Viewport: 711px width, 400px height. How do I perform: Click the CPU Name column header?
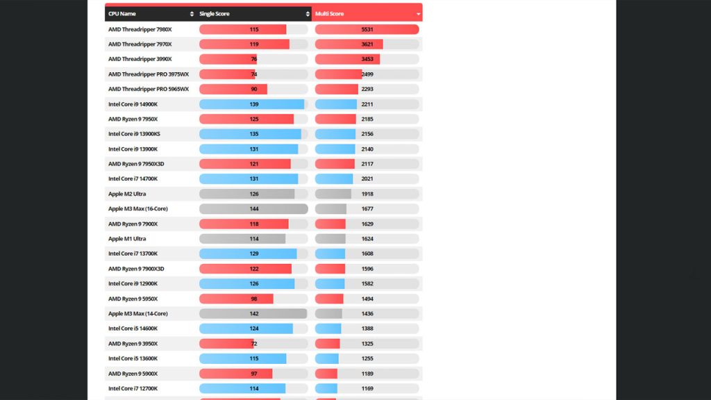[122, 14]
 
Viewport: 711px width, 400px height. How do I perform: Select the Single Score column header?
[214, 14]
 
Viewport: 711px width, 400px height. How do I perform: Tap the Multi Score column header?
[329, 14]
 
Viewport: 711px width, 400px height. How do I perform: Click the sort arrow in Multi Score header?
[418, 14]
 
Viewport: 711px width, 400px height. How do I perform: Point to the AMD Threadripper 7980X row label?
[140, 29]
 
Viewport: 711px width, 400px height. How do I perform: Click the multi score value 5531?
[367, 29]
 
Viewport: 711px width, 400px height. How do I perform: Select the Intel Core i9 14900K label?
[133, 104]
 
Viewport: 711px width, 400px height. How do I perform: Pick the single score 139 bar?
[253, 104]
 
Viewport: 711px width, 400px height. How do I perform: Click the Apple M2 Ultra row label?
[127, 194]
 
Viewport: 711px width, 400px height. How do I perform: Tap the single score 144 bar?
[253, 209]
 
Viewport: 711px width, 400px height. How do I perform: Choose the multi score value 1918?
[367, 194]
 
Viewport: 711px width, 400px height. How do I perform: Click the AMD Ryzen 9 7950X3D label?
[136, 164]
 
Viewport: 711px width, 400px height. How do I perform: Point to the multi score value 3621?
[367, 44]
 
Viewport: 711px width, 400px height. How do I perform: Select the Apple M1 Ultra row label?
[127, 239]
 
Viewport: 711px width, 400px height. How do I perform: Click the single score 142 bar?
[253, 314]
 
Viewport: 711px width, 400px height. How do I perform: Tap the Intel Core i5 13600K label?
[133, 358]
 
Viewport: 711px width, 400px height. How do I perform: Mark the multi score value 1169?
[367, 388]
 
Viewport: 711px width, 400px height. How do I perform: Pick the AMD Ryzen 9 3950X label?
[133, 344]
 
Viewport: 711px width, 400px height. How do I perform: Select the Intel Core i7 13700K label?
[133, 253]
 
